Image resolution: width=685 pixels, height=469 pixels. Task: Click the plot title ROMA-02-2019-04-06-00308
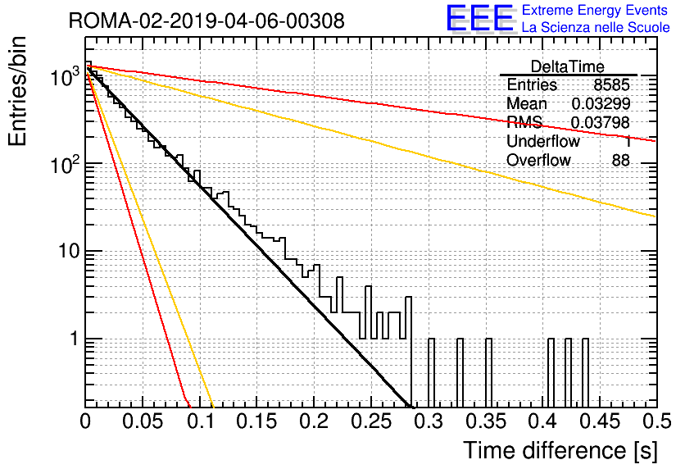(x=206, y=20)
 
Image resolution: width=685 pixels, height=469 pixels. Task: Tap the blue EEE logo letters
(x=480, y=18)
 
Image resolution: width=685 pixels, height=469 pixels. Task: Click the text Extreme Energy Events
(x=595, y=10)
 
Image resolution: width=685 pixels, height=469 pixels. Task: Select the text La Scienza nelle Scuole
(x=596, y=27)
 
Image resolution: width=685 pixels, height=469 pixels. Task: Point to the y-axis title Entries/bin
(x=17, y=91)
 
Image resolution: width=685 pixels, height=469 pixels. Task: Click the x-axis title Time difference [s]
(x=560, y=450)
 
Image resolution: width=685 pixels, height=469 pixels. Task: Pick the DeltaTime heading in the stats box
(x=568, y=66)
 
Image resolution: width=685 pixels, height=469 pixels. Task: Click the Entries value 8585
(x=611, y=84)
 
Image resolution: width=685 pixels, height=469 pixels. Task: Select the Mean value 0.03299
(x=601, y=103)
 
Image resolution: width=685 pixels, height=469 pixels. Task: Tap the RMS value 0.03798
(x=601, y=123)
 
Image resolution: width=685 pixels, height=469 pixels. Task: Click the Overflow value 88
(x=621, y=161)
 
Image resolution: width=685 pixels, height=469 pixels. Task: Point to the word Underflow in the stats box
(x=543, y=141)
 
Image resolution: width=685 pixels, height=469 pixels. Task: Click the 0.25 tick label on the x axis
(x=371, y=421)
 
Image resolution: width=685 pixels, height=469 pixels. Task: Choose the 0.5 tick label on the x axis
(x=656, y=421)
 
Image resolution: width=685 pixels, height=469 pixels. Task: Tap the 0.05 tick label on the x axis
(x=143, y=421)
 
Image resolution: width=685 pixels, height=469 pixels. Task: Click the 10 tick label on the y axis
(x=69, y=252)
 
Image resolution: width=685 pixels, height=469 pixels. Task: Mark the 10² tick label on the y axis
(x=64, y=165)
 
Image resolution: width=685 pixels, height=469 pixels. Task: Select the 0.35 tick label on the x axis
(x=485, y=421)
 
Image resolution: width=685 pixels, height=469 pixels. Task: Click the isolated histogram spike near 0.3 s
(x=431, y=373)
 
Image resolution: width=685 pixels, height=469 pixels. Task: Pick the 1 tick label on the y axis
(x=75, y=339)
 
